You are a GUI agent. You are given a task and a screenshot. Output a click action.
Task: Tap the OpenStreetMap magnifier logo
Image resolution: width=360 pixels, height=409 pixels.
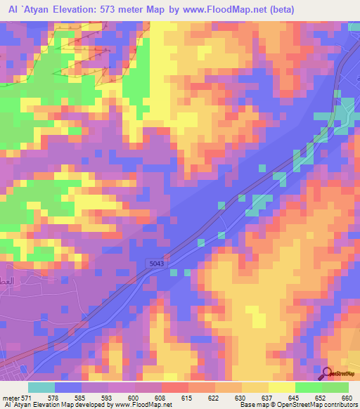tap(328, 373)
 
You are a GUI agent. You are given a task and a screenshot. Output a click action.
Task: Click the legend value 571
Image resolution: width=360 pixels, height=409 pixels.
tap(25, 398)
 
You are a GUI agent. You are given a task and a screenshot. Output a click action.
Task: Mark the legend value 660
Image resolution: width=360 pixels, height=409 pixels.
tap(344, 398)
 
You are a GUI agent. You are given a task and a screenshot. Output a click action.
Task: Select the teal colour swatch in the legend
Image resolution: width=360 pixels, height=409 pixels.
tap(41, 387)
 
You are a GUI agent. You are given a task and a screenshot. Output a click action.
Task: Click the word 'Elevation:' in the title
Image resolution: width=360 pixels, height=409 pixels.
tap(74, 9)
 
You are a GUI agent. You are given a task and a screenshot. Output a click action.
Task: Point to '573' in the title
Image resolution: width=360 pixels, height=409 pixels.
tap(112, 9)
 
